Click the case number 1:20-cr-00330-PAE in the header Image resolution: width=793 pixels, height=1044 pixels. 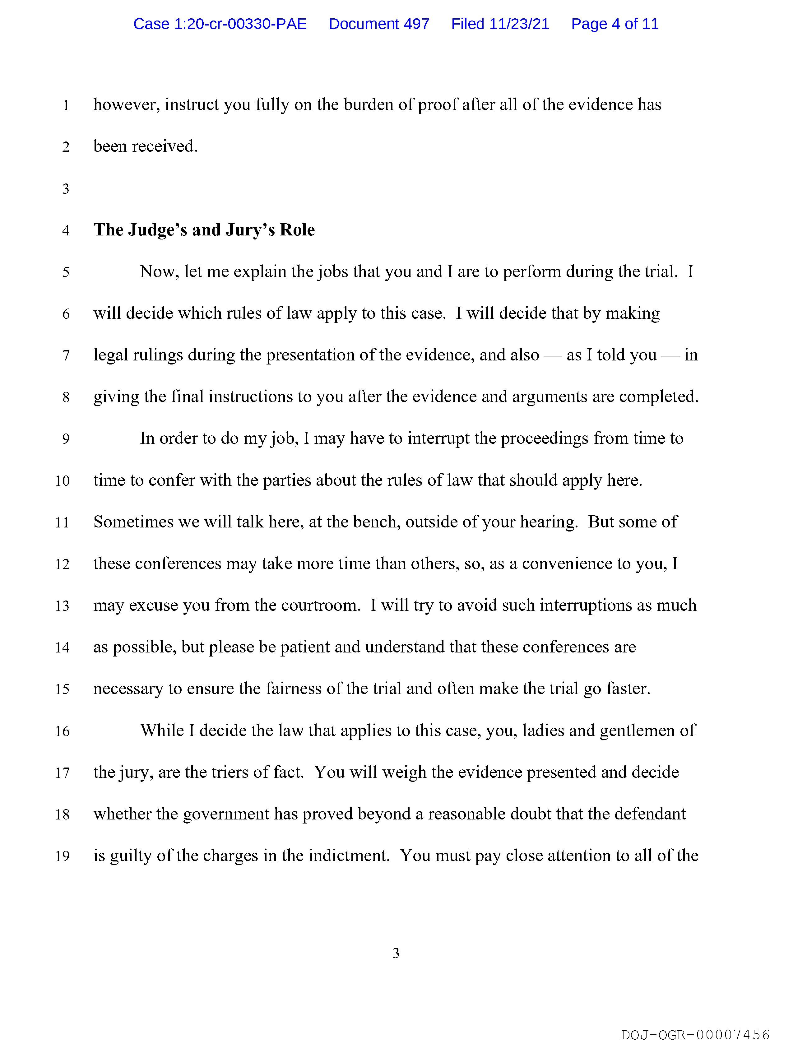(220, 24)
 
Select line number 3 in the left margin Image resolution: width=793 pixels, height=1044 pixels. (66, 189)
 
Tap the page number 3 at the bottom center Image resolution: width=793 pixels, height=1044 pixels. (396, 954)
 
